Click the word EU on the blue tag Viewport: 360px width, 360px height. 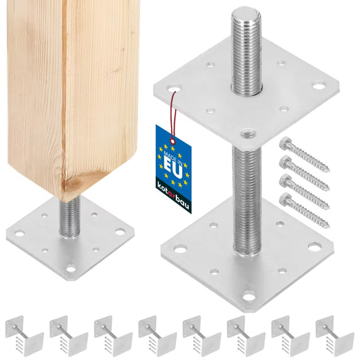(x=174, y=167)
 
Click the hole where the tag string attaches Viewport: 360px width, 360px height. (x=174, y=88)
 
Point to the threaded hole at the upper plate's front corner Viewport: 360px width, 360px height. (x=248, y=133)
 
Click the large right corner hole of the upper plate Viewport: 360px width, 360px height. (x=319, y=85)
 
